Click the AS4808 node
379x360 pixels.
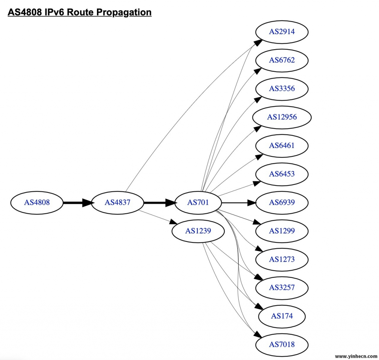[x=37, y=202]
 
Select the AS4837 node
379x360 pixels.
[x=117, y=202]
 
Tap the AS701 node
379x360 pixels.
[x=198, y=202]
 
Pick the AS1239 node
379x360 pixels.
[x=198, y=231]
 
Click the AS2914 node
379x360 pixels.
[x=282, y=32]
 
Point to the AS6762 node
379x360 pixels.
[x=282, y=60]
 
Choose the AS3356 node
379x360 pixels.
[x=282, y=89]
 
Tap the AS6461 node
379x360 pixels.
[x=282, y=145]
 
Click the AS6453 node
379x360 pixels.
[x=282, y=174]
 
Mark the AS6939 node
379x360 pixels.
[x=282, y=202]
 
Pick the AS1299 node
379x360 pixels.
[x=282, y=231]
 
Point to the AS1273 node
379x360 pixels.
[x=282, y=259]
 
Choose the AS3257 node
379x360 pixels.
[x=282, y=287]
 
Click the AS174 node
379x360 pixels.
[x=282, y=316]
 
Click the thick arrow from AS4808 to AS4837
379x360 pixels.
[x=77, y=202]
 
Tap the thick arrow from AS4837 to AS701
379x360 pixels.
[x=159, y=202]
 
